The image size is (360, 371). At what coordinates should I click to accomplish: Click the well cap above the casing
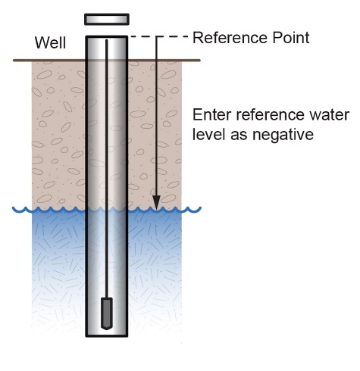click(107, 20)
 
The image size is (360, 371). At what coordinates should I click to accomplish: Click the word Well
click(51, 42)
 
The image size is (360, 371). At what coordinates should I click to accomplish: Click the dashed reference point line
click(159, 37)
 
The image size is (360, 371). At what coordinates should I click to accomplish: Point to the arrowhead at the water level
click(157, 202)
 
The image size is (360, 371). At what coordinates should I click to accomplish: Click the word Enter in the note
click(212, 115)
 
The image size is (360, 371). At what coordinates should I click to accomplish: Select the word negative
click(283, 135)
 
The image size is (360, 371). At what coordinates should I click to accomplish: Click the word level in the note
click(208, 134)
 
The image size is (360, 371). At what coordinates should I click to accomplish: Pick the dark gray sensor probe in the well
click(107, 313)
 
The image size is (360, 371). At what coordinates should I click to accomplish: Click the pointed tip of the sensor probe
click(107, 329)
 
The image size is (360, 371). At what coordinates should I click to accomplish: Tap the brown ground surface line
click(107, 61)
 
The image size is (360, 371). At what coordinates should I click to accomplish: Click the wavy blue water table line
click(107, 210)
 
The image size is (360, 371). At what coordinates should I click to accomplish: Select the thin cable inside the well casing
click(107, 169)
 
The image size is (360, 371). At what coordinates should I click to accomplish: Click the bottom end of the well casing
click(107, 335)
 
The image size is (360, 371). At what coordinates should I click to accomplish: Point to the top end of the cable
click(107, 40)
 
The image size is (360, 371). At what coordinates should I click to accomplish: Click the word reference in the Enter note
click(271, 115)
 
